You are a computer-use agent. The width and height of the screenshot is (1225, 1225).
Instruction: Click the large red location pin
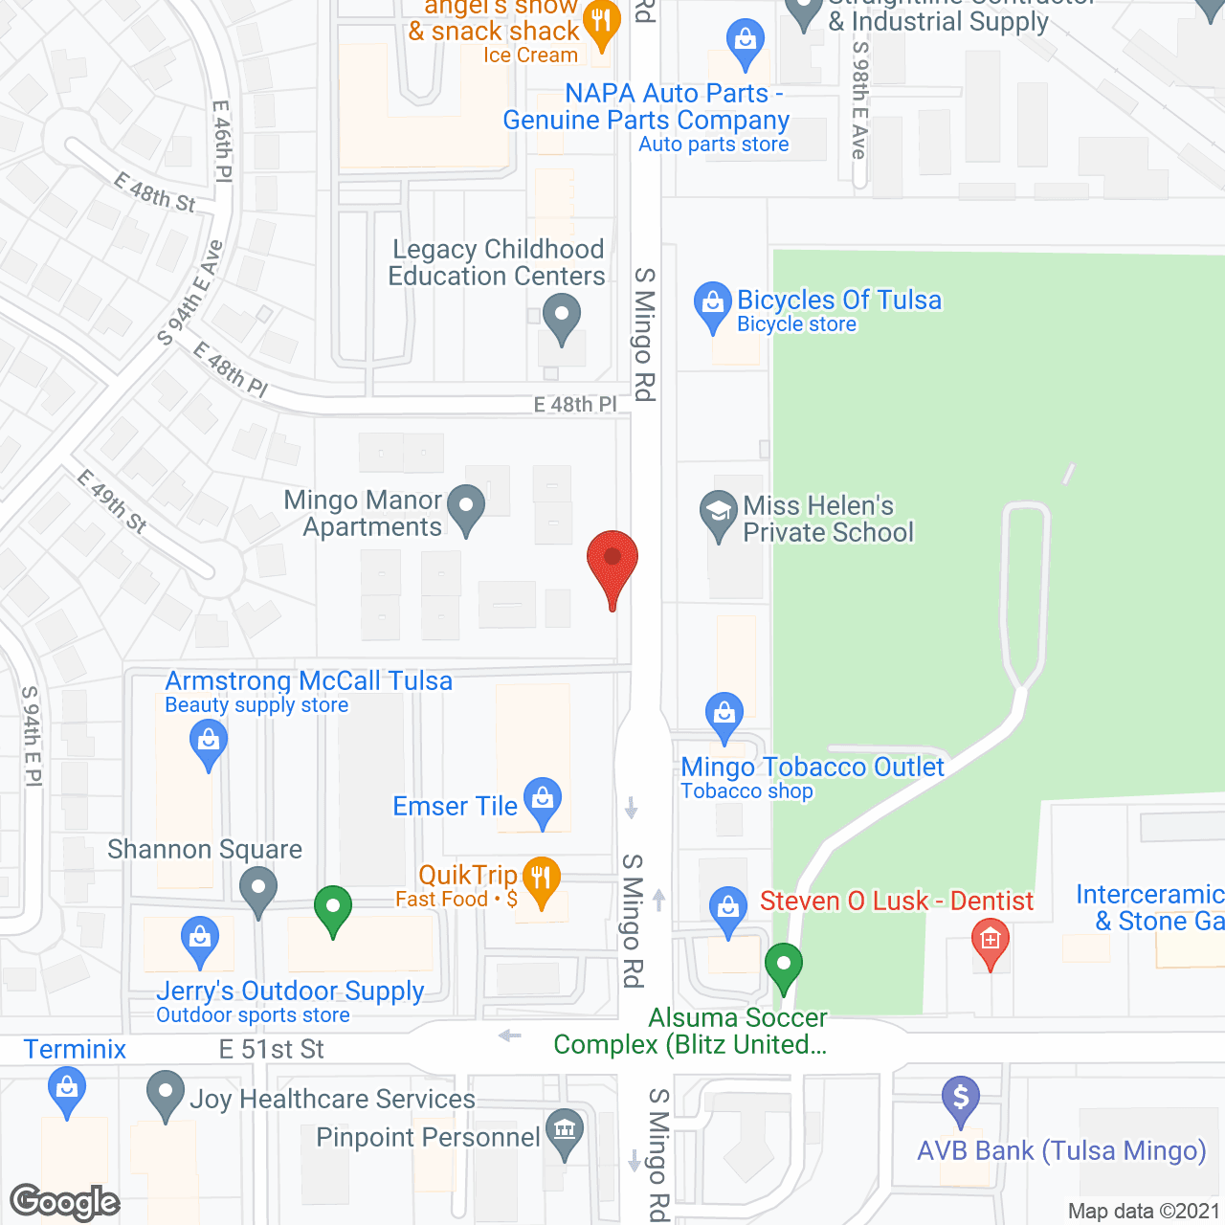[612, 561]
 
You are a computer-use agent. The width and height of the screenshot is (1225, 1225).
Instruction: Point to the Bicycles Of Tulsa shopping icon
[712, 303]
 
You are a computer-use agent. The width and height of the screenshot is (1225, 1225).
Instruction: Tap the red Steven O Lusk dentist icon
[991, 940]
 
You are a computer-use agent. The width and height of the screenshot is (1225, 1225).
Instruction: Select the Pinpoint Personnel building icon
[565, 1129]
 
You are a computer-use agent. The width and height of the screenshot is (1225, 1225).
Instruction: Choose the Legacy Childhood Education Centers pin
[561, 315]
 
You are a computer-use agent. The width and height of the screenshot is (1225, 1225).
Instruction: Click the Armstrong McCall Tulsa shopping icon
[208, 742]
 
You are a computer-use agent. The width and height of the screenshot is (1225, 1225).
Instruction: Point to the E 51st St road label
[272, 1050]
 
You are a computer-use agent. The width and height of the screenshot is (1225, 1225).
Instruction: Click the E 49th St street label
[113, 501]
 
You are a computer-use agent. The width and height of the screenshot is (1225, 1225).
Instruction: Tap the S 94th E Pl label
[32, 736]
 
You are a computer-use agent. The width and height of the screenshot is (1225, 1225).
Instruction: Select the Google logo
[65, 1202]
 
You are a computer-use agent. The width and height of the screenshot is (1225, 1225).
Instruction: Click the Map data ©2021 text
[1144, 1212]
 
